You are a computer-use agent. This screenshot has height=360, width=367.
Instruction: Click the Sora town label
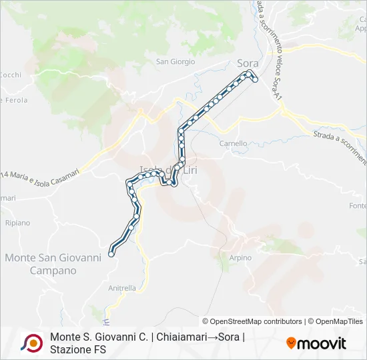(248, 63)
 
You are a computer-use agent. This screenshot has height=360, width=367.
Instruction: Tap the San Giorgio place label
(175, 62)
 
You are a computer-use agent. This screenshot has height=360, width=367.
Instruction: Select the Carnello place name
(234, 143)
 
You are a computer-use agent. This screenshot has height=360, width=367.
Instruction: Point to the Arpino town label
(241, 258)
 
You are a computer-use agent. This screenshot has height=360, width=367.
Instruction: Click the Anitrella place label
(122, 289)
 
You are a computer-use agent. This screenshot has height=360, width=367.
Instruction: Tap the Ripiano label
(17, 223)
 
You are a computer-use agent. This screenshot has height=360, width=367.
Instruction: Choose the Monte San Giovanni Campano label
(53, 264)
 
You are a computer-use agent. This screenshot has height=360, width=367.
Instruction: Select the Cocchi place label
(11, 75)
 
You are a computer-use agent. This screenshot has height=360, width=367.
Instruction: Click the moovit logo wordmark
(322, 343)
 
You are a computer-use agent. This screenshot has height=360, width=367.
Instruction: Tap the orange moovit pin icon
(291, 343)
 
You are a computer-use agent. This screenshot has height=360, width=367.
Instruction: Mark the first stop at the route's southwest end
(111, 254)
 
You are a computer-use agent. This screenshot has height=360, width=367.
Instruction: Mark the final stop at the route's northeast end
(255, 79)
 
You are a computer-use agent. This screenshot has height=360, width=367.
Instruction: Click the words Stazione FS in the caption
(78, 349)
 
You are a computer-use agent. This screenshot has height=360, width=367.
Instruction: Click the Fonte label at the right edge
(358, 206)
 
